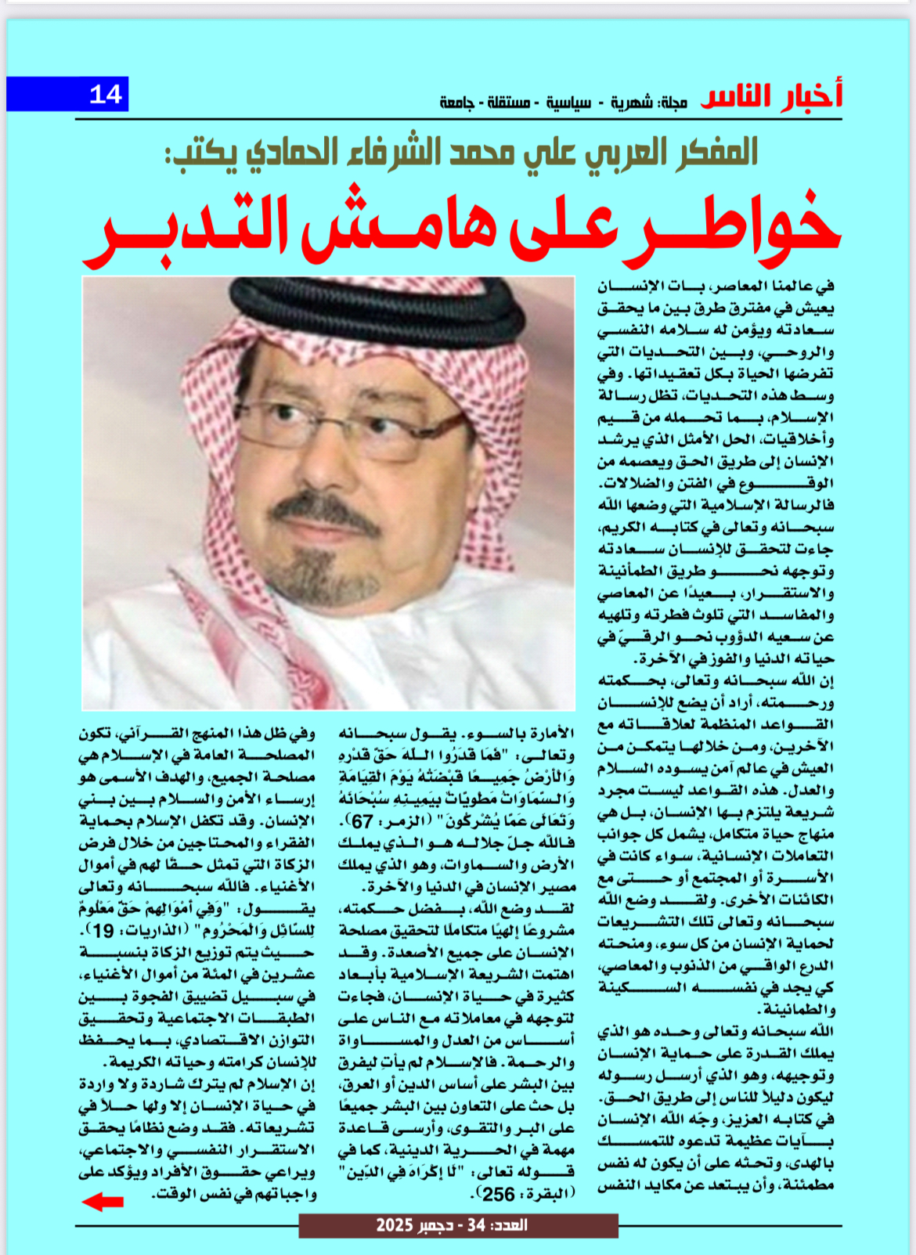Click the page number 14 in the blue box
(x=106, y=95)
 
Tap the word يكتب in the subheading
(x=200, y=153)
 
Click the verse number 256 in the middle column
(x=499, y=1194)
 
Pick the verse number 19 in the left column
(x=104, y=932)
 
